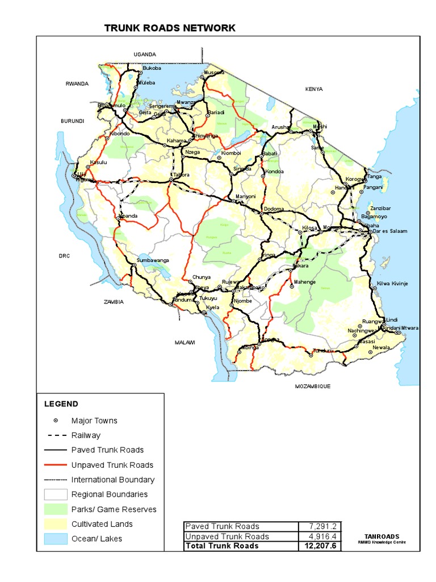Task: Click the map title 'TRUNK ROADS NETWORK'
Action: (170, 28)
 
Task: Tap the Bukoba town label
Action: (152, 68)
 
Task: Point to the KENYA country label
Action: (314, 89)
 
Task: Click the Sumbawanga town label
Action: (153, 260)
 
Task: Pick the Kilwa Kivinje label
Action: (392, 283)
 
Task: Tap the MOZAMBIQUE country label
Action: (312, 386)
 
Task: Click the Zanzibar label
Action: (380, 208)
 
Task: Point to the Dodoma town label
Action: (274, 209)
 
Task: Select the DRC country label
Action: (64, 256)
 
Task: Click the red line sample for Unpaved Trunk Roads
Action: (55, 465)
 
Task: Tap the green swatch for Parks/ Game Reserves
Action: (55, 509)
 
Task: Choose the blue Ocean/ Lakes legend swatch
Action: (55, 539)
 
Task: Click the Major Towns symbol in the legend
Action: (56, 421)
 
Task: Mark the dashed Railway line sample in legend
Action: (55, 435)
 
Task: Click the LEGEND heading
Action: (61, 404)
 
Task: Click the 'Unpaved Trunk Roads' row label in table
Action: (227, 536)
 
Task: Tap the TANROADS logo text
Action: (381, 537)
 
